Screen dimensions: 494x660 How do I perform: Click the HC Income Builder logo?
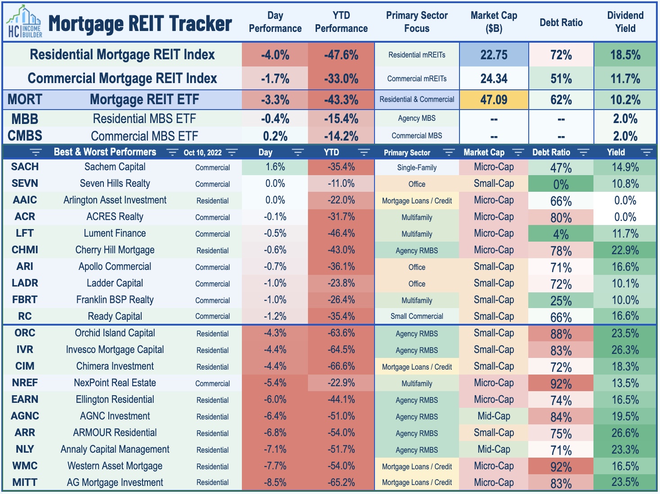tap(25, 22)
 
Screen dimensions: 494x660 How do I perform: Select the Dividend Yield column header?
tap(625, 22)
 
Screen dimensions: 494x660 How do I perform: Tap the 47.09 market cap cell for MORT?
tap(494, 99)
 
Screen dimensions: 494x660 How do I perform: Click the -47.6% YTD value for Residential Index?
tap(341, 55)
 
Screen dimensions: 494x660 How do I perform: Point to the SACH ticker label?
tap(25, 167)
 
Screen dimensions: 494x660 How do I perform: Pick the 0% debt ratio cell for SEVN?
tap(561, 185)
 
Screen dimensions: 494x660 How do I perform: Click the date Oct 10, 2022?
tap(202, 153)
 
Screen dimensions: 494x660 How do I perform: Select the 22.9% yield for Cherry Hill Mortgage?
tap(625, 250)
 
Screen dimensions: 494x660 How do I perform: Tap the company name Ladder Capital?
tap(115, 283)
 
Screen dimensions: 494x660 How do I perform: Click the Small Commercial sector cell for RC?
tap(417, 316)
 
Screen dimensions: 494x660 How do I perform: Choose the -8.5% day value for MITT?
tap(275, 482)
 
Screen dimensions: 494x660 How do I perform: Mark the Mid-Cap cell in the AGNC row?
tap(494, 416)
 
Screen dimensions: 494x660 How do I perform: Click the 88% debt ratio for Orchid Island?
tap(561, 334)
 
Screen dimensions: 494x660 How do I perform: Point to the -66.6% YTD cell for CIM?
tap(341, 366)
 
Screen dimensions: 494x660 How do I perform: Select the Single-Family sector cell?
tap(417, 168)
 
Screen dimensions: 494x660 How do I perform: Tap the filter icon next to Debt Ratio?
tap(583, 152)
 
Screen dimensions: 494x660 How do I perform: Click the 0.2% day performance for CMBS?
tap(275, 136)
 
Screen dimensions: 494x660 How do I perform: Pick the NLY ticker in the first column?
tap(25, 449)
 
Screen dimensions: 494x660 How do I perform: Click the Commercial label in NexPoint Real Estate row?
tap(212, 384)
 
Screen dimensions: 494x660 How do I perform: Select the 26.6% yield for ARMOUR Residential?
tap(625, 433)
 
